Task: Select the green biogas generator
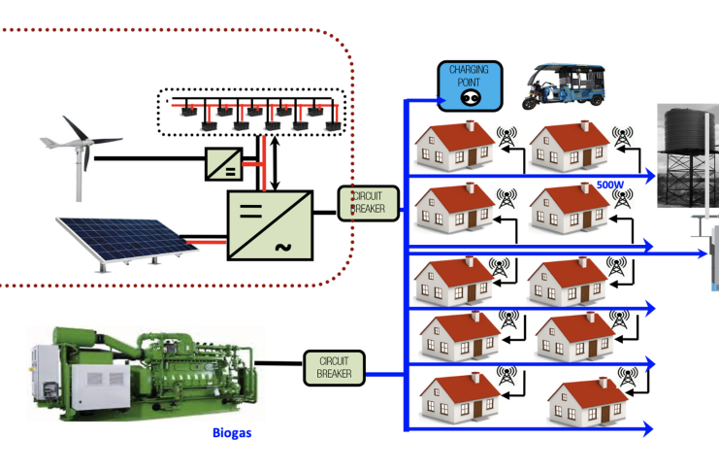[x=141, y=370]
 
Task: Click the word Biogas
[x=232, y=433]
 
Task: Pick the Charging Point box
[x=469, y=85]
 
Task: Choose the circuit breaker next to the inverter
[x=362, y=203]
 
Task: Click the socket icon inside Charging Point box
[x=469, y=98]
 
